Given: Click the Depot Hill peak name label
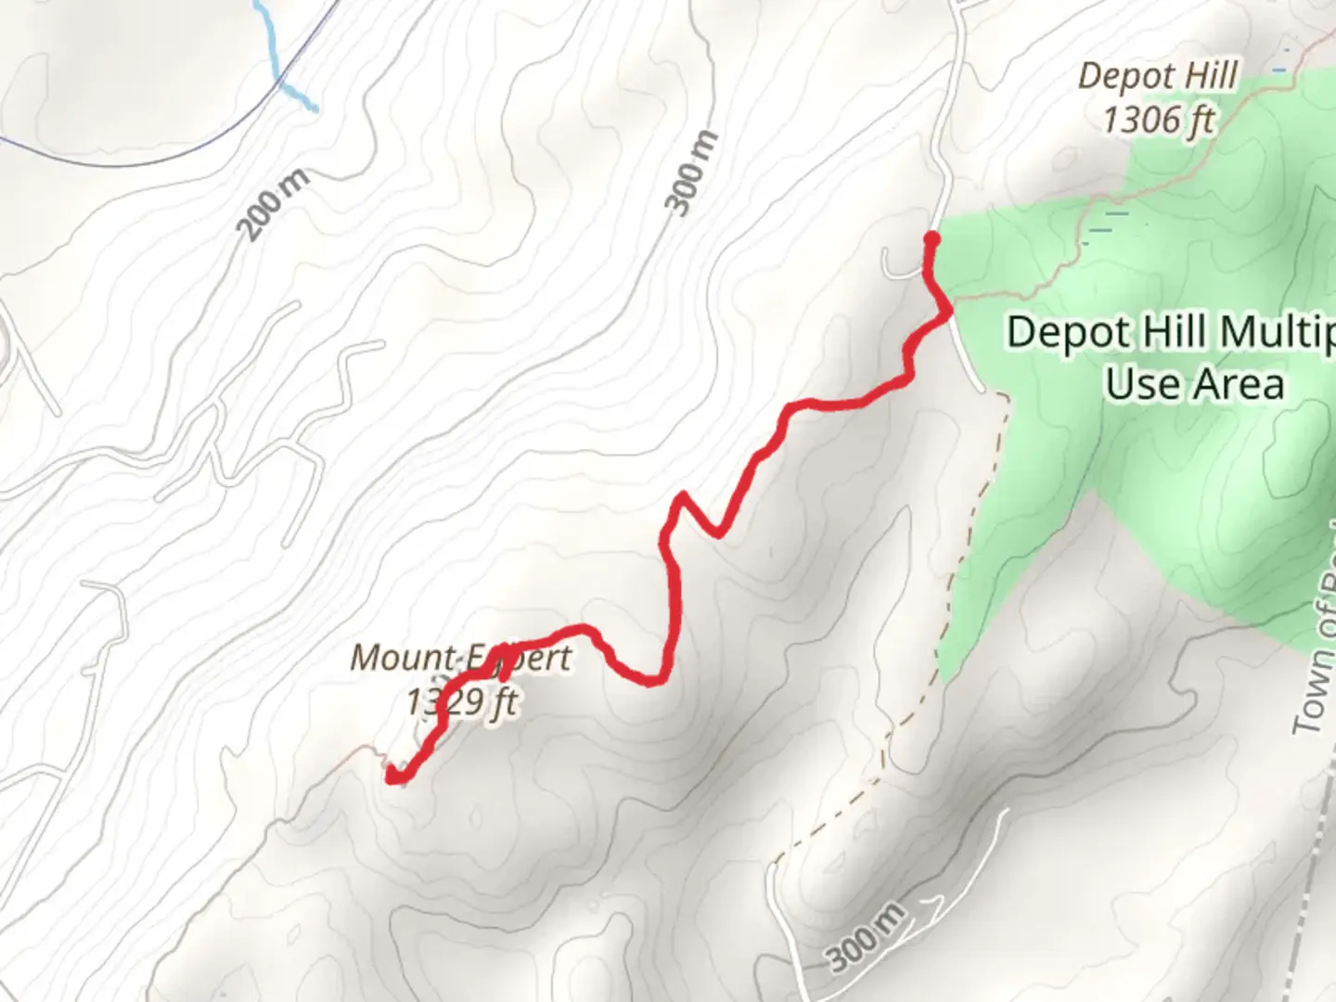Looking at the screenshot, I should (1158, 76).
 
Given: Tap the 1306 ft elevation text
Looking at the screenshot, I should (1158, 119).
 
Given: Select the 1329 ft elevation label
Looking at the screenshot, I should (461, 701).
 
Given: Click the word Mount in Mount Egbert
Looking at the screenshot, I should (402, 658).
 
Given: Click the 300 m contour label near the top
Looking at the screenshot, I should (693, 173).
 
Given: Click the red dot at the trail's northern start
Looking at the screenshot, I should (931, 239).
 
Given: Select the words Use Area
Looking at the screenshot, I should (1194, 383).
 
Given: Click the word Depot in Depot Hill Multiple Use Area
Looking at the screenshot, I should (1060, 332).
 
